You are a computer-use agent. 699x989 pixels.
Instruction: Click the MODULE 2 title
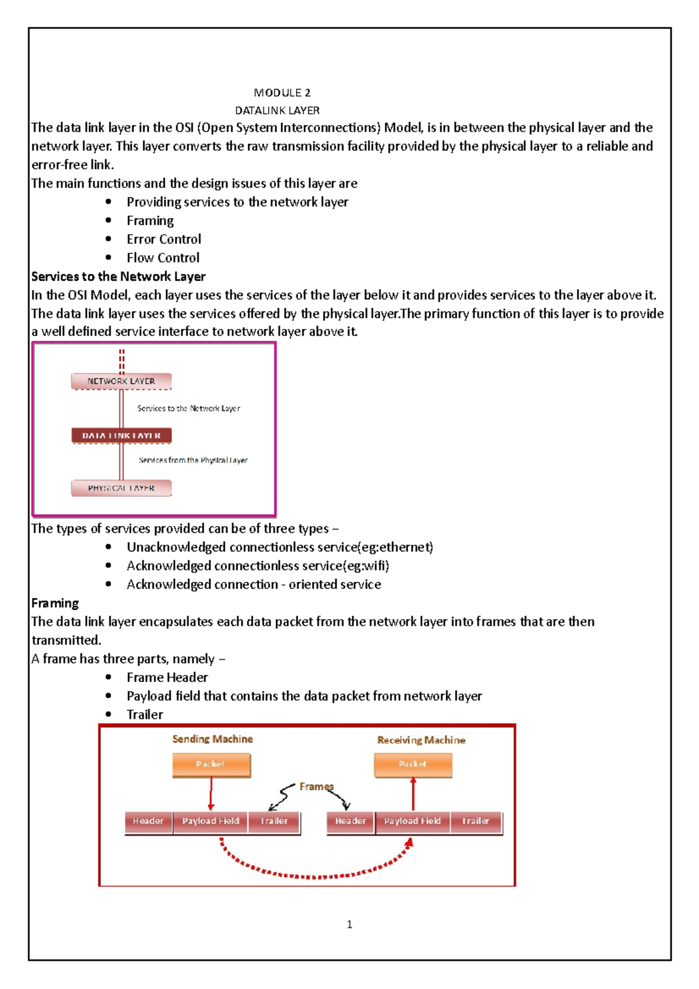coord(282,93)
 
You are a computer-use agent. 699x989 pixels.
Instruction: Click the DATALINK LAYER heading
coord(277,110)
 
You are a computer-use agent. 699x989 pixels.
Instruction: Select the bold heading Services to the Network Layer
coord(118,276)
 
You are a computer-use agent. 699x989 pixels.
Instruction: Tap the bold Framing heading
coord(55,603)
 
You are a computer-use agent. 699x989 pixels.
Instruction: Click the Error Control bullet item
coord(164,239)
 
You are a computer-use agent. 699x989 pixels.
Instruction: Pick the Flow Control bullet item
coord(163,257)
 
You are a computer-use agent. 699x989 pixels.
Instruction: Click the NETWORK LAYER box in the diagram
coord(121,381)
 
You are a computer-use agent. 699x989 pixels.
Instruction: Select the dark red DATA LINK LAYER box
coord(121,435)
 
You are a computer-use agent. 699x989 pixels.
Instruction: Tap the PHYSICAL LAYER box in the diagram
coord(121,488)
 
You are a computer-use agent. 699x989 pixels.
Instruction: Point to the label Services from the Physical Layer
coord(193,460)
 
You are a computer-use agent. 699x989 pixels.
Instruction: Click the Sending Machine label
coord(212,739)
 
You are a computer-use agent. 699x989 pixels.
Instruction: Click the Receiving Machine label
coord(421,740)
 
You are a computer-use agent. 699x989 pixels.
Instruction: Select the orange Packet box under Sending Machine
coord(211,765)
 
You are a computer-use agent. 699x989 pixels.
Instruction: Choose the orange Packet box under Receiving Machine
coord(412,765)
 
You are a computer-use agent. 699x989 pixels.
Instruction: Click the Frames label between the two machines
coord(316,786)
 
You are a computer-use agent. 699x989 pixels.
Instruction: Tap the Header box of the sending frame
coord(148,821)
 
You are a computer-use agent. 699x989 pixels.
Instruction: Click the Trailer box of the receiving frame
coord(475,821)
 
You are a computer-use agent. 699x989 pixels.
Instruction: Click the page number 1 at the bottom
coord(349,924)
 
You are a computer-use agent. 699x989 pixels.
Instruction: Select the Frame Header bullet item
coord(167,677)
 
